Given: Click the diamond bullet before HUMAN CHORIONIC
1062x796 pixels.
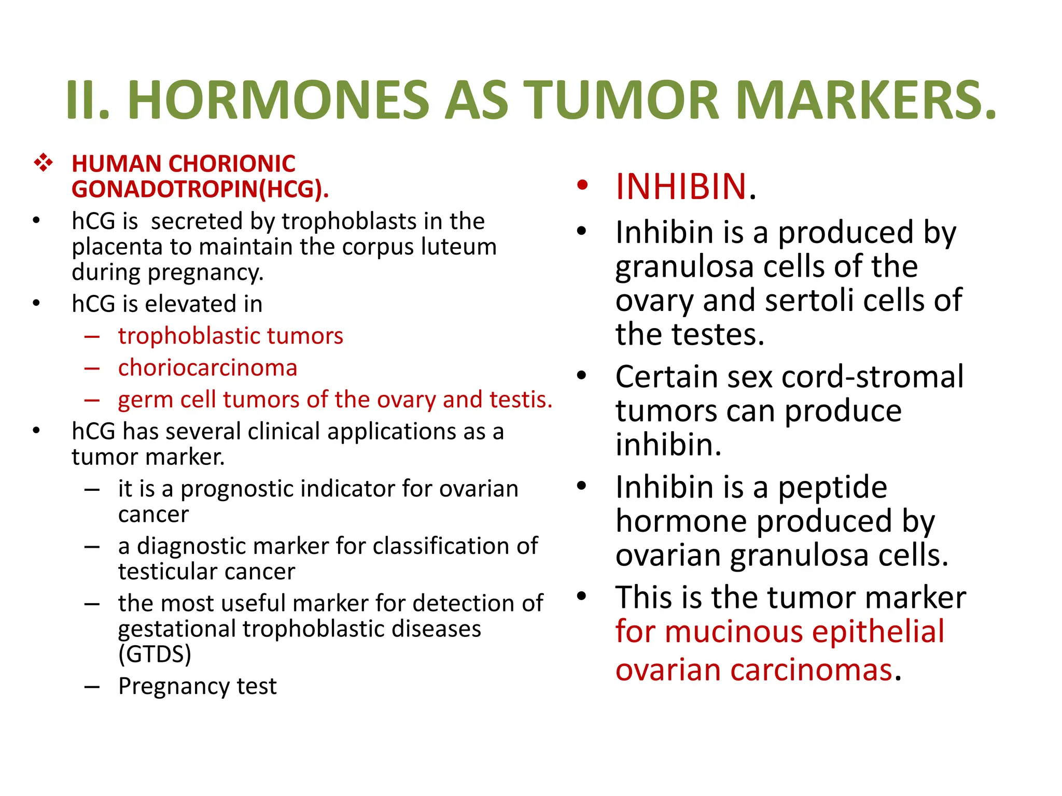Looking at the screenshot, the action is point(43,163).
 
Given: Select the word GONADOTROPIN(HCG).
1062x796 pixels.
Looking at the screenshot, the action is point(200,189).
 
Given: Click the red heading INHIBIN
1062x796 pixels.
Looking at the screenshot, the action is point(681,187).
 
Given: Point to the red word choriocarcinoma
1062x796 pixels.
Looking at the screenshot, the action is point(207,368).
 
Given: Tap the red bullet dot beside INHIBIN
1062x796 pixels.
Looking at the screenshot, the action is point(582,185).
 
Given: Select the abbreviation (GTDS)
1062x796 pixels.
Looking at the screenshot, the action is point(155,654).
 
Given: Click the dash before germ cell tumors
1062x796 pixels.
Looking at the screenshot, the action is point(92,400).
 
